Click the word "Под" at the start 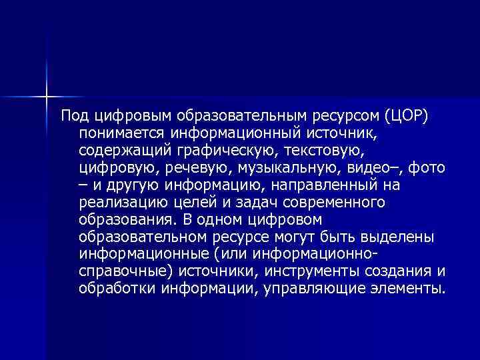click(72, 117)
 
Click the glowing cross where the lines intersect click(47, 96)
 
